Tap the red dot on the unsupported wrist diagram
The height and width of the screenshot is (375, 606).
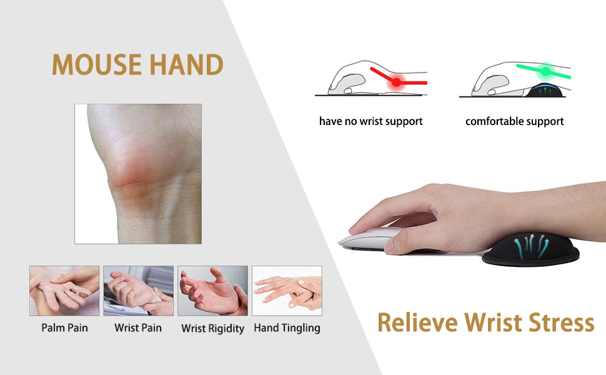tap(396, 82)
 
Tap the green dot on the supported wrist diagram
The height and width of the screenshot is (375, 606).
tap(545, 70)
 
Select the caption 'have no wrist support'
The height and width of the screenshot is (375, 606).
tap(370, 121)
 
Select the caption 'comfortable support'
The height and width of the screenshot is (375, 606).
tap(514, 121)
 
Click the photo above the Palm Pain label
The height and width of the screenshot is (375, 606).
tap(64, 291)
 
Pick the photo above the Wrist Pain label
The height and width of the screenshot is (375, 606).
tap(138, 291)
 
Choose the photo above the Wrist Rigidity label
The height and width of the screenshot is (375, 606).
tap(212, 291)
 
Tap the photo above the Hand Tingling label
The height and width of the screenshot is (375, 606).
tap(287, 291)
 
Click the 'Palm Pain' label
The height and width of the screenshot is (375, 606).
tap(64, 327)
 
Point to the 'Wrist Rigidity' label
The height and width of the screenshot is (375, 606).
tap(212, 328)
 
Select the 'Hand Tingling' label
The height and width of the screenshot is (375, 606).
tap(287, 327)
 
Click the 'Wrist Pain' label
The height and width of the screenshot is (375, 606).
tap(138, 327)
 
